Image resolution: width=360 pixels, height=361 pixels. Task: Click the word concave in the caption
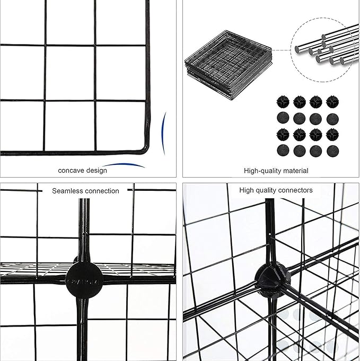pos(71,170)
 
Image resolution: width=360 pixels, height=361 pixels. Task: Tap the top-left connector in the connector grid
pos(282,102)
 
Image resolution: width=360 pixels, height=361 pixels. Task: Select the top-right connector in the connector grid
pos(333,102)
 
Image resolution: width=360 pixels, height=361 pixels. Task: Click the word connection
pos(102,191)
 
